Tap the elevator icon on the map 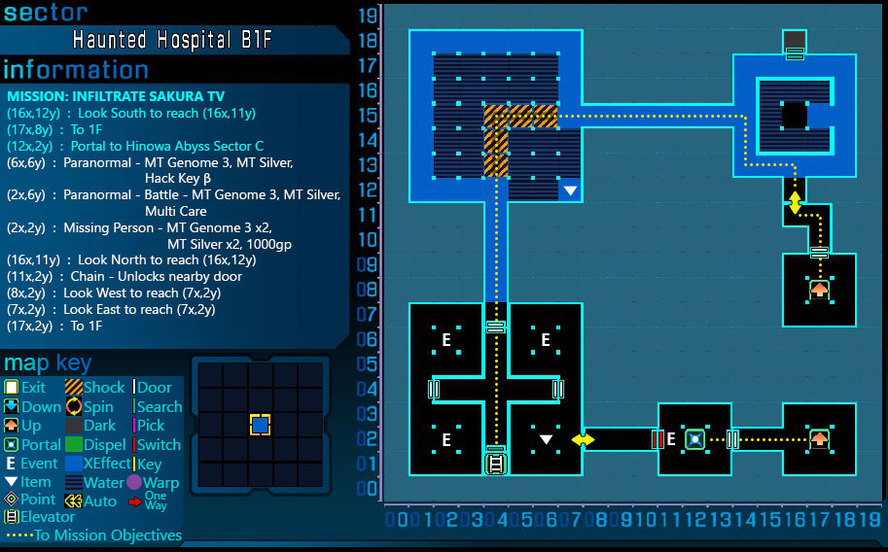[x=496, y=463]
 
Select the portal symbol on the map [x=694, y=439]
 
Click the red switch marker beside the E [x=657, y=439]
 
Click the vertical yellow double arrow [x=795, y=203]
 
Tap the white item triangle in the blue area [x=570, y=190]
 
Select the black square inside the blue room [x=795, y=116]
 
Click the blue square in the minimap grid [x=260, y=425]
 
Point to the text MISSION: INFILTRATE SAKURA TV [x=115, y=96]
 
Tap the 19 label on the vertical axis [x=368, y=16]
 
